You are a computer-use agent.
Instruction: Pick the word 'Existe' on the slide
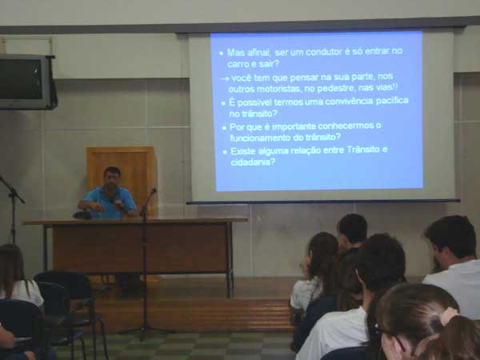(x=243, y=150)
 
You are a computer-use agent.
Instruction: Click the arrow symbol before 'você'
(x=225, y=79)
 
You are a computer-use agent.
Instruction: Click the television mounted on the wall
(x=26, y=82)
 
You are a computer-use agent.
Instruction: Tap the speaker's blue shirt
(x=110, y=202)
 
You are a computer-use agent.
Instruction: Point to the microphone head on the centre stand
(x=154, y=191)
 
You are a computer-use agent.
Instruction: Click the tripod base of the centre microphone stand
(x=146, y=331)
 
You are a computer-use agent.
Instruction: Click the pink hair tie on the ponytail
(x=449, y=315)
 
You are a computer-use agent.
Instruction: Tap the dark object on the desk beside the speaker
(x=82, y=214)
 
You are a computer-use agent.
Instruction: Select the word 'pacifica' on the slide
(x=392, y=101)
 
